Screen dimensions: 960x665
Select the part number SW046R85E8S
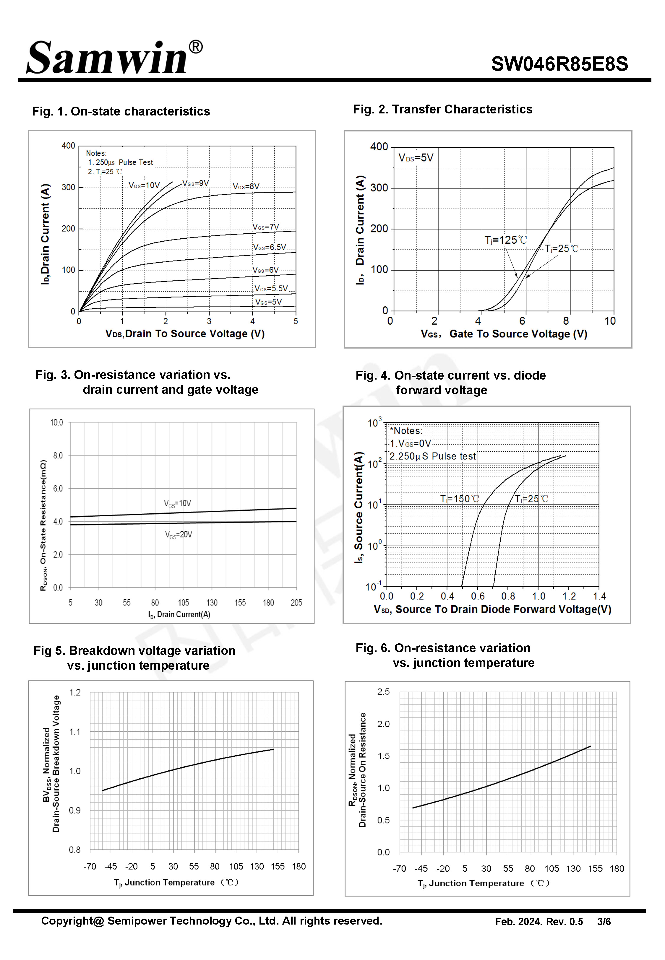(559, 64)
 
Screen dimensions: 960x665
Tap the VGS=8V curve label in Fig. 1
(246, 186)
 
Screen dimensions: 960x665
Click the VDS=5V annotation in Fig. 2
(416, 158)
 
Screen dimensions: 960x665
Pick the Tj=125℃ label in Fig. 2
(505, 240)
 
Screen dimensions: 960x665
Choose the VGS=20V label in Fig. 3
(178, 535)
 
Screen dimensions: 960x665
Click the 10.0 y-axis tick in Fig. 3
(57, 423)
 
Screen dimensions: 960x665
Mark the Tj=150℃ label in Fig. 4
(460, 499)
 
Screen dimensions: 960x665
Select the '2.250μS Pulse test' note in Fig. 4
(432, 456)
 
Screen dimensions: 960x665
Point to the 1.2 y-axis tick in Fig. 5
(75, 692)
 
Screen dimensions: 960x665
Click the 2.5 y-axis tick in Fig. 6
(383, 691)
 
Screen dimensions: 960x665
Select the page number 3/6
(604, 921)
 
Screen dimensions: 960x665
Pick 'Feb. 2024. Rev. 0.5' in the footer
(539, 921)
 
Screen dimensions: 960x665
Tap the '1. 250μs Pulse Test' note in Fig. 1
(120, 162)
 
